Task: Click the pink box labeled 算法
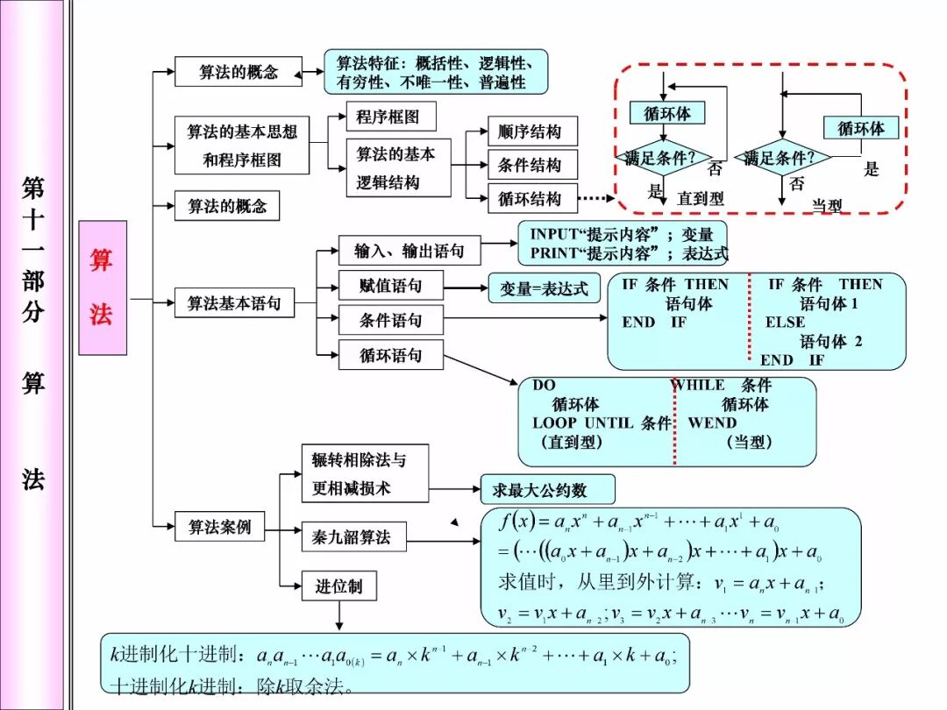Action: pos(102,288)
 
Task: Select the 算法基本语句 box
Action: pos(234,303)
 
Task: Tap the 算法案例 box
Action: pos(219,527)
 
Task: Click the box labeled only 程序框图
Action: pos(388,117)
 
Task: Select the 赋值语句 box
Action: pos(390,286)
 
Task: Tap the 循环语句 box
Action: pos(390,355)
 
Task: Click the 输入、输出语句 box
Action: pos(409,252)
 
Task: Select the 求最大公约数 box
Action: pos(546,489)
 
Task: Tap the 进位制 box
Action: pos(338,586)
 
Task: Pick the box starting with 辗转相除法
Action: pos(365,473)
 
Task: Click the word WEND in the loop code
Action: pos(713,422)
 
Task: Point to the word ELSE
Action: pos(785,322)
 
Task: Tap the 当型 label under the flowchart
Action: pos(826,205)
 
